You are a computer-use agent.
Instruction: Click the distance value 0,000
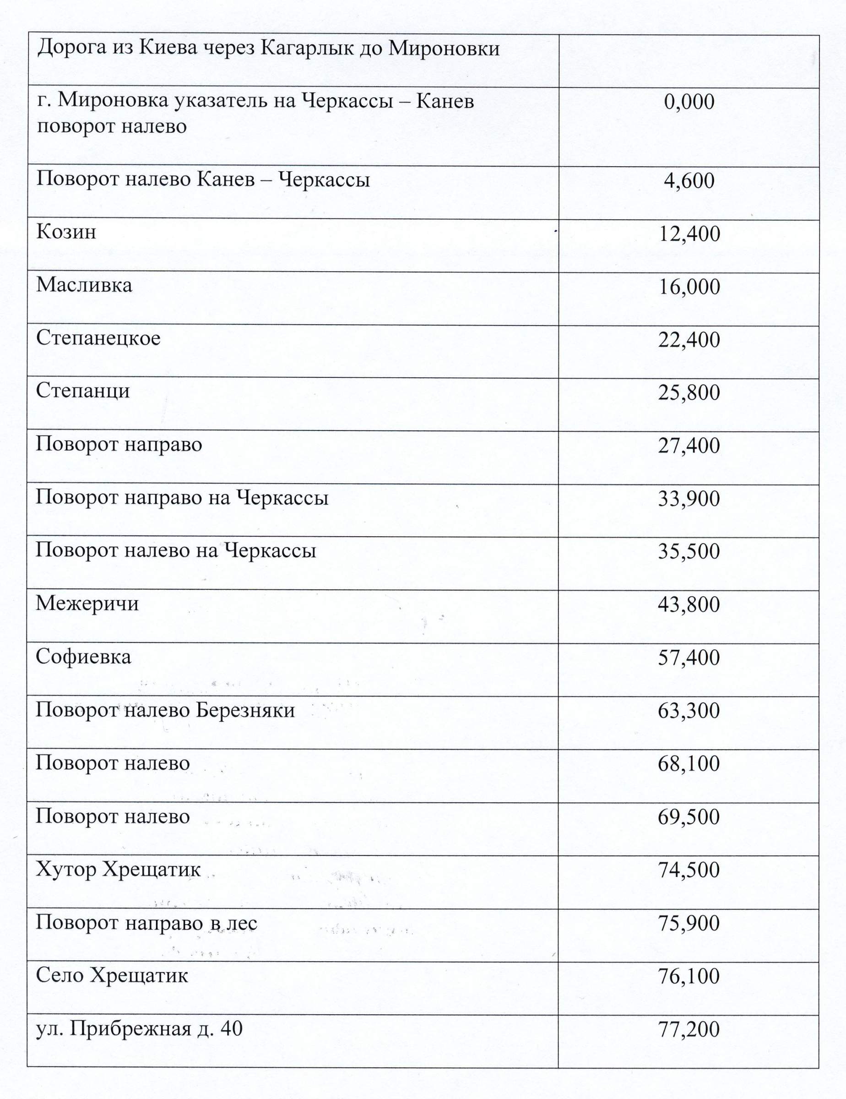pos(689,102)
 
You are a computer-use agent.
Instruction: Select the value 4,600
pos(689,181)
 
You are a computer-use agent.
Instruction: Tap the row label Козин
pos(66,232)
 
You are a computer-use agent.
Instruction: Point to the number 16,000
pos(689,287)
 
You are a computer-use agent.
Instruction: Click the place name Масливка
pos(84,285)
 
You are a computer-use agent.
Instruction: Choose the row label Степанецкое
pos(98,338)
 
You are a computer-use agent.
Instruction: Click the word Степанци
pos(83,392)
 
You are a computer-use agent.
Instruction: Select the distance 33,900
pos(689,499)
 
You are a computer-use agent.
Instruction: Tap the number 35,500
pos(689,551)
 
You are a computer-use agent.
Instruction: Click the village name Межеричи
pos(87,604)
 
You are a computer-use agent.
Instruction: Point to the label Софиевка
pos(83,657)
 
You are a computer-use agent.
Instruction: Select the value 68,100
pos(689,763)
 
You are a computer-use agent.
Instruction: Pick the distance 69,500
pos(689,816)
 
